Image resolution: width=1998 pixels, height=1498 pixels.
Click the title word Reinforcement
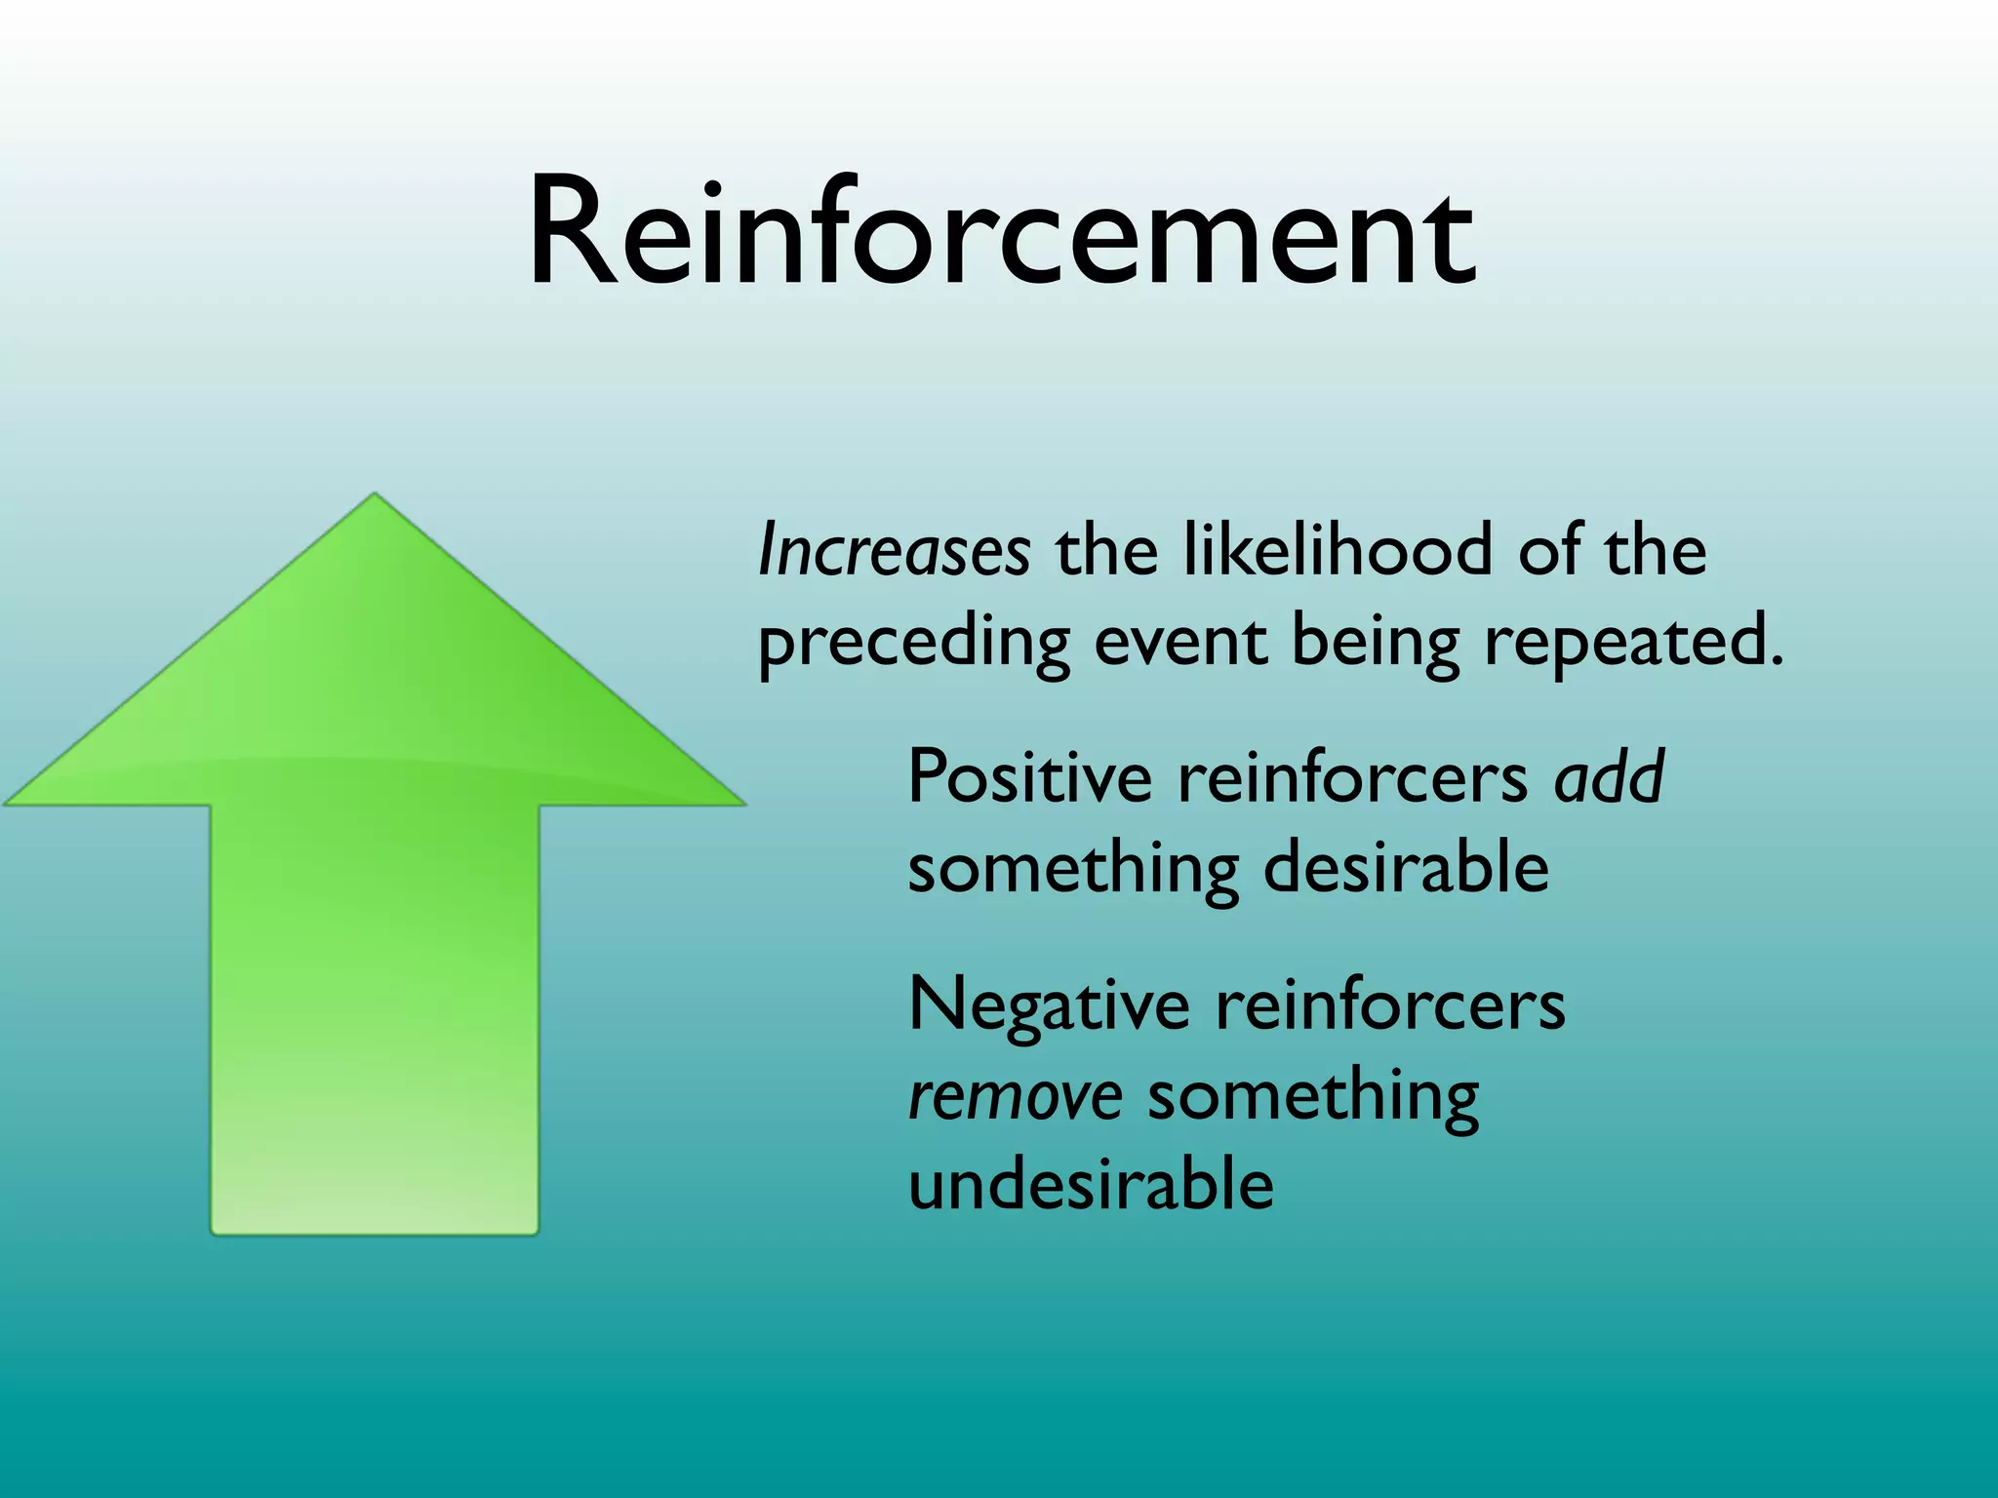point(1001,234)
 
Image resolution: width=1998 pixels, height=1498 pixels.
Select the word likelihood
point(1337,549)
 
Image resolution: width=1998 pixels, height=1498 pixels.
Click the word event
point(1180,642)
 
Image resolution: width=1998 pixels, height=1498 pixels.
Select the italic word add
point(1610,777)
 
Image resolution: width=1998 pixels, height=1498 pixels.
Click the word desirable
point(1406,866)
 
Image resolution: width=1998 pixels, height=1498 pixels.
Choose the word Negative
point(1049,1005)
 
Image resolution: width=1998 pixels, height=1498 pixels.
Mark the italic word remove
point(1015,1096)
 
